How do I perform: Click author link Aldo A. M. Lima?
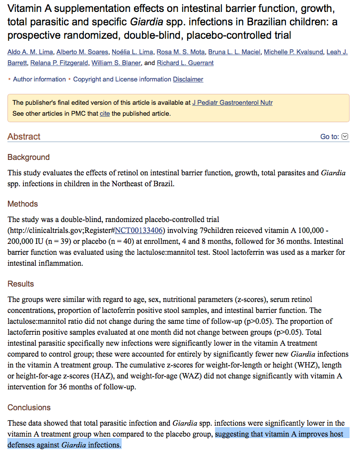(x=29, y=53)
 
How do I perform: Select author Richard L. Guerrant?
(x=185, y=63)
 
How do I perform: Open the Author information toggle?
(x=39, y=79)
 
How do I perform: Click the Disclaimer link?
(x=188, y=79)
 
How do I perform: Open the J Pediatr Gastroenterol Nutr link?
(x=232, y=103)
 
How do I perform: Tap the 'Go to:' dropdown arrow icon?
(x=346, y=137)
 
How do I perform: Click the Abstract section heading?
(x=24, y=137)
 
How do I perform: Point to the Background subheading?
(x=28, y=157)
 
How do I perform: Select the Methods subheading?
(x=22, y=204)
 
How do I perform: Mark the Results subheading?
(x=21, y=284)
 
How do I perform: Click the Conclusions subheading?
(x=29, y=408)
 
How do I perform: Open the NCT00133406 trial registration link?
(x=139, y=230)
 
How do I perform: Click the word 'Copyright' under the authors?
(x=87, y=79)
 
